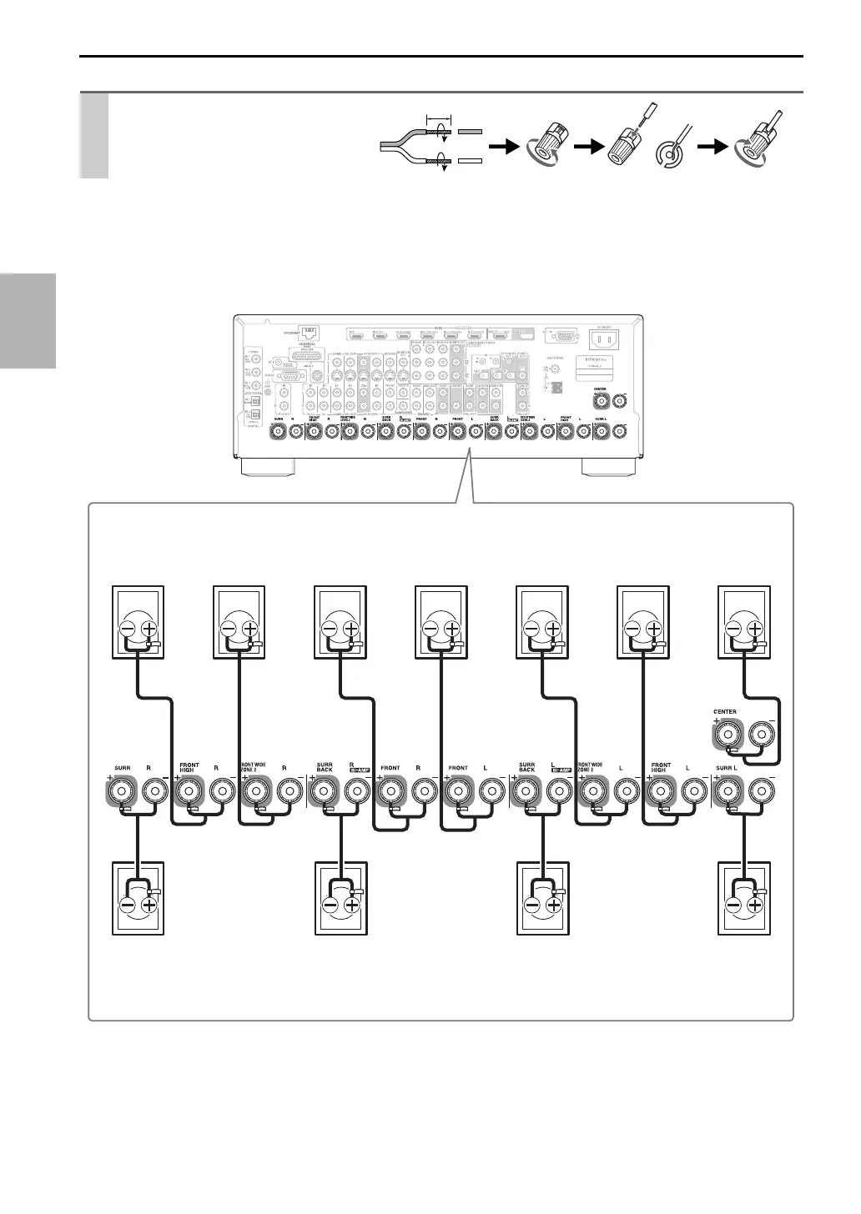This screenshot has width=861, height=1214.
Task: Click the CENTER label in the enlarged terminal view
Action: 724,712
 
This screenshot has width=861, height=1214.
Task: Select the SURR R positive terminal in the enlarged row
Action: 122,789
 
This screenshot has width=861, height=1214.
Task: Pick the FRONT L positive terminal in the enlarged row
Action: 457,789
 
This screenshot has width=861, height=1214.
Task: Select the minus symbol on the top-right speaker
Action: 735,630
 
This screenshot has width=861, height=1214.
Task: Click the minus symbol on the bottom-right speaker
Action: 735,905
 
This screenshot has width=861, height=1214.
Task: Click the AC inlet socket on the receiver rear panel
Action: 607,339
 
